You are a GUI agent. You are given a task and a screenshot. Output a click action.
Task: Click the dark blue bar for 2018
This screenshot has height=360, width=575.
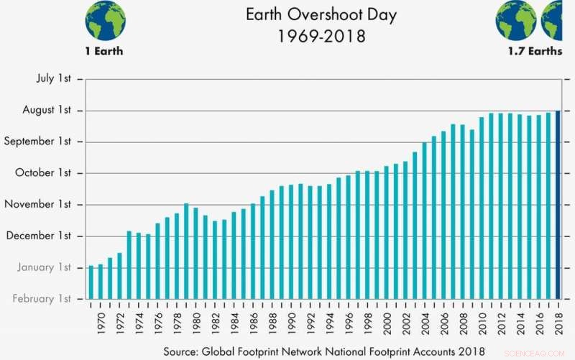558,204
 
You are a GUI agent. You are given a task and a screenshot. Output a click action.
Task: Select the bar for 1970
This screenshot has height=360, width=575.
101,281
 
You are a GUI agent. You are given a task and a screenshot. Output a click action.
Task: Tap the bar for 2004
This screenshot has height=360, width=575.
425,220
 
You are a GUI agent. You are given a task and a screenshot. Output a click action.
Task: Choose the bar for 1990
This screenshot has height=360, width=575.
291,241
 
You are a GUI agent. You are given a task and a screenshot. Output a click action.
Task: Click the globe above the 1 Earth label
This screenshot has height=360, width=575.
105,21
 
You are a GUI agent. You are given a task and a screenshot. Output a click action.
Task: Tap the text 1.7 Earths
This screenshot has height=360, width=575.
533,52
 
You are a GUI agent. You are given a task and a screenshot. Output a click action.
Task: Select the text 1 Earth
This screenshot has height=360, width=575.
104,52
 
